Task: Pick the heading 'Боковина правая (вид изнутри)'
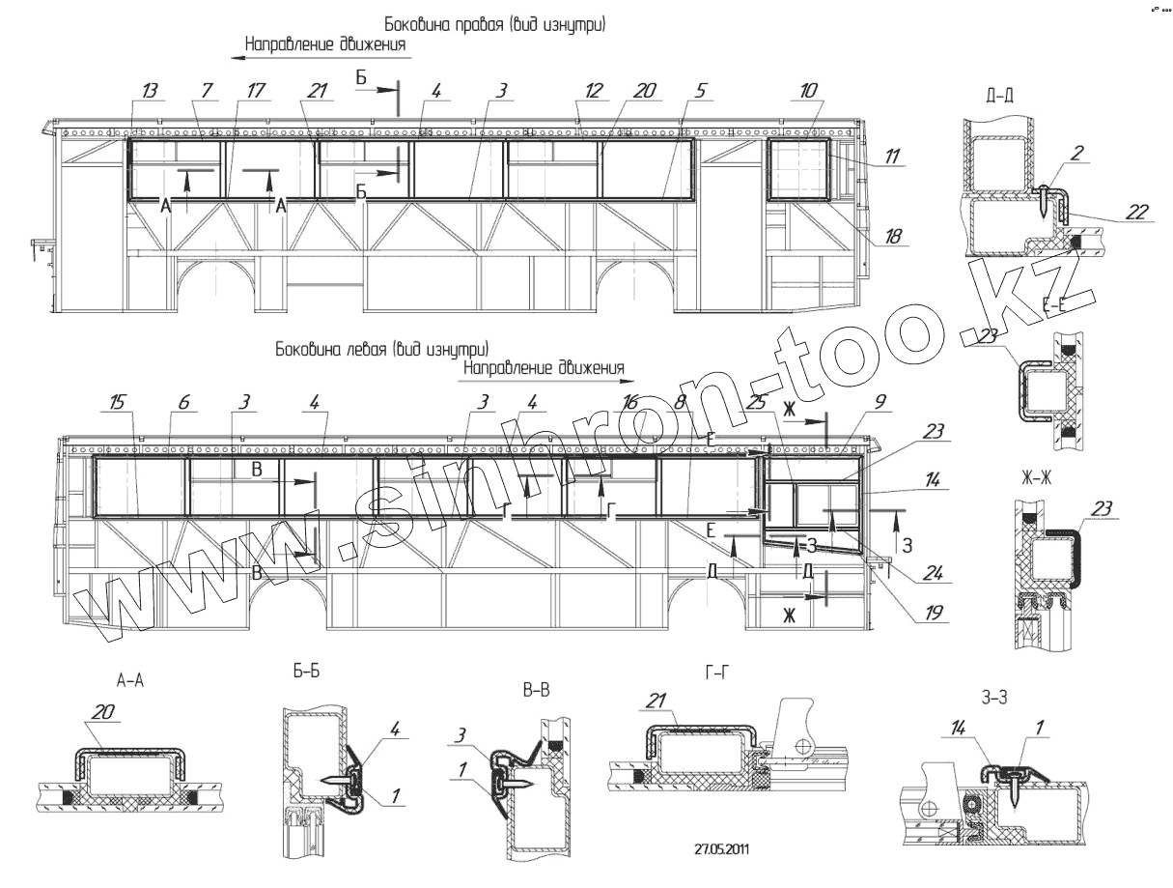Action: [x=495, y=23]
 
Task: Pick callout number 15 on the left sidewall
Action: [x=116, y=401]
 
